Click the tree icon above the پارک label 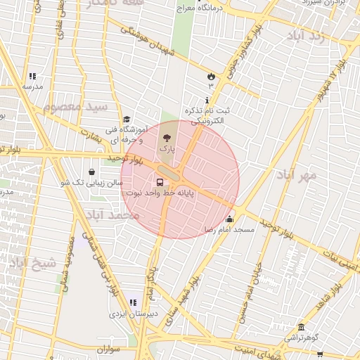tap(167, 139)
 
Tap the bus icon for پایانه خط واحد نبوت tap(159, 182)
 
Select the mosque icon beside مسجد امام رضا tap(229, 219)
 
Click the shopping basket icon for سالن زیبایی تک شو tap(92, 172)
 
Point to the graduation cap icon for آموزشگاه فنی tap(127, 120)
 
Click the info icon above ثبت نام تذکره tap(206, 101)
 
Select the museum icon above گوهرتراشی tap(301, 328)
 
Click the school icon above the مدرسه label tap(32, 76)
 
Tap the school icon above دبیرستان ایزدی tap(133, 303)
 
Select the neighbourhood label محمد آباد tap(112, 214)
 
